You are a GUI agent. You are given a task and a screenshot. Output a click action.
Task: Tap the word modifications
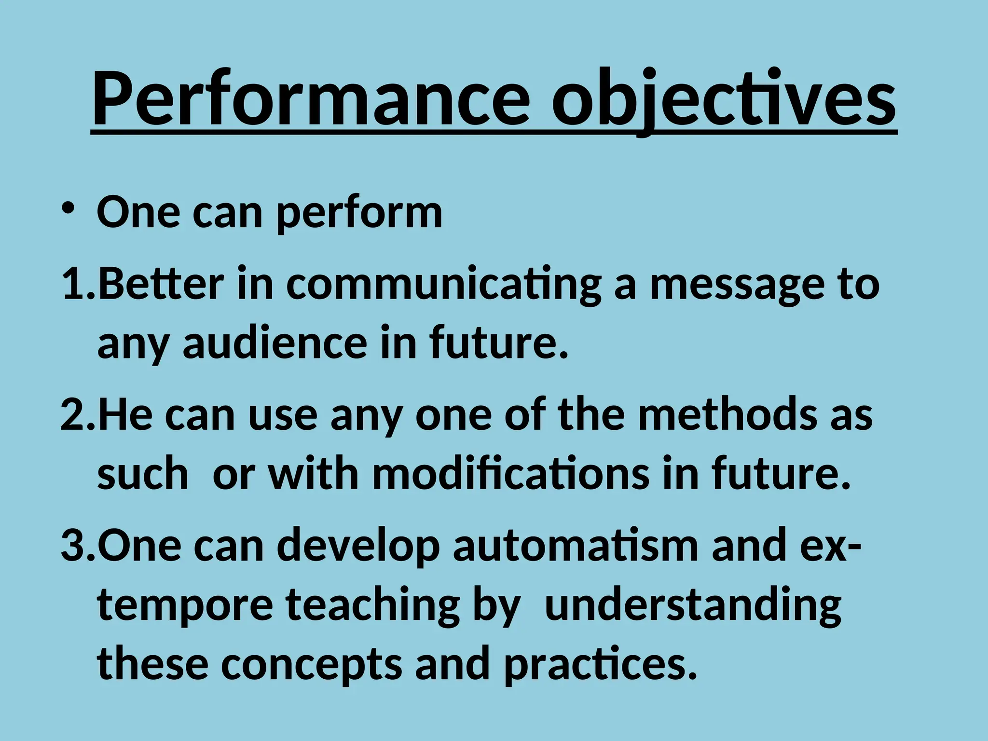pyautogui.click(x=511, y=474)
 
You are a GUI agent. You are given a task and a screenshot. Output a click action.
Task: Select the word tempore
pyautogui.click(x=185, y=606)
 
